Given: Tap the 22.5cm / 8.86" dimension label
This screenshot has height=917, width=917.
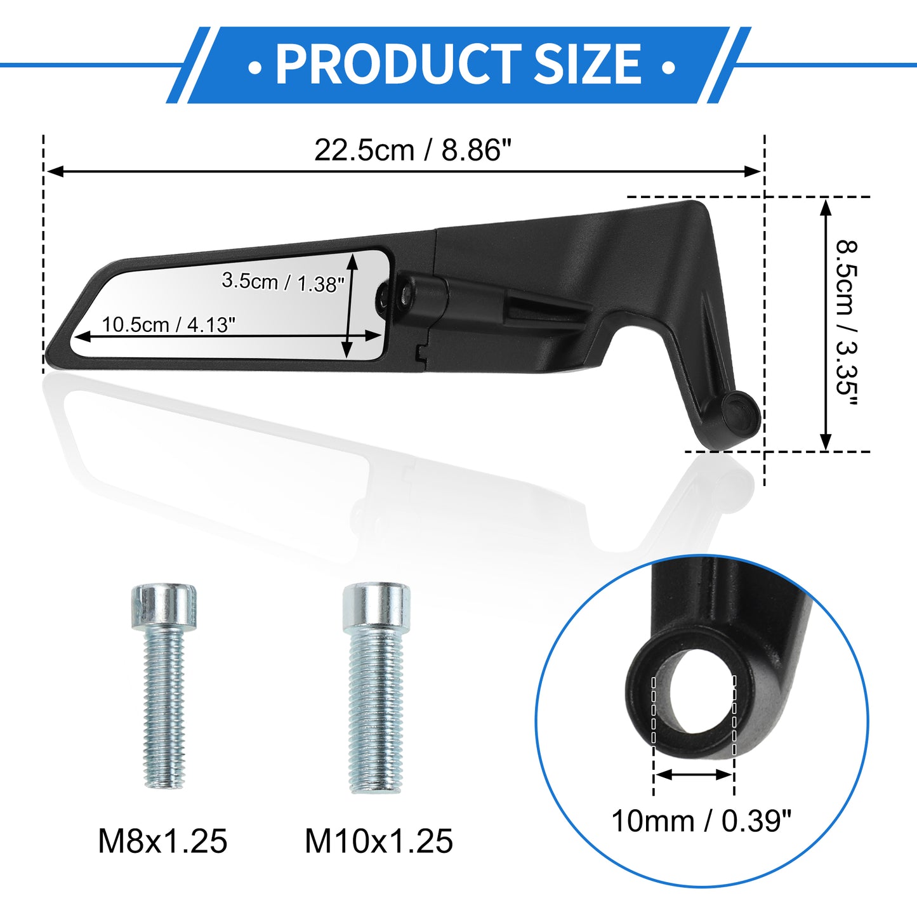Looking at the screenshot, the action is click(x=412, y=150).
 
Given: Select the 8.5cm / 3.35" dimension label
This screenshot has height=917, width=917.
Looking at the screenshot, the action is click(x=847, y=324).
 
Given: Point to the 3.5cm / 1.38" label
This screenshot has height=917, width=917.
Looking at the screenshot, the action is click(x=282, y=282).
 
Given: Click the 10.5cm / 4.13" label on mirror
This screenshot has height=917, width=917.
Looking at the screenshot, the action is click(x=169, y=325).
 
